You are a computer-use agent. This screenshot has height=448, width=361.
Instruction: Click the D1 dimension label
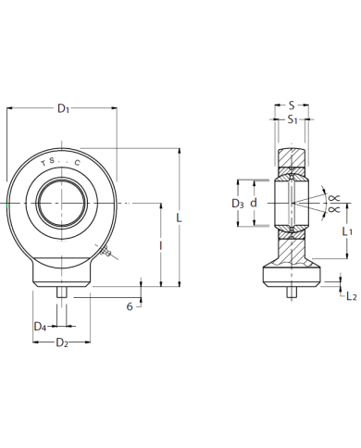pyautogui.click(x=63, y=108)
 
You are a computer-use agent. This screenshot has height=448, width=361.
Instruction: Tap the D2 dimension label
pyautogui.click(x=62, y=342)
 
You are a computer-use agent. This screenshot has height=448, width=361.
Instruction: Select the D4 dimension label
pyautogui.click(x=40, y=327)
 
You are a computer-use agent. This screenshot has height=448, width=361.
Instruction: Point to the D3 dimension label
pyautogui.click(x=238, y=204)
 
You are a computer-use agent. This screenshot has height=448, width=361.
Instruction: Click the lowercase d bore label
pyautogui.click(x=254, y=203)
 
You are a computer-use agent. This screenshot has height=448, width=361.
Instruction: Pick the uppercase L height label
pyautogui.click(x=179, y=218)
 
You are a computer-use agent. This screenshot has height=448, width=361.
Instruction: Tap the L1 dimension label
pyautogui.click(x=347, y=231)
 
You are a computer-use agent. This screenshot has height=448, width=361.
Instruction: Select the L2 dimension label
pyautogui.click(x=352, y=296)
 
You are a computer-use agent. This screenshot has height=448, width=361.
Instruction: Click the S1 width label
pyautogui.click(x=293, y=119)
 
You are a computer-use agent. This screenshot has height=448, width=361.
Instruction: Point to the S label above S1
pyautogui.click(x=292, y=106)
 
